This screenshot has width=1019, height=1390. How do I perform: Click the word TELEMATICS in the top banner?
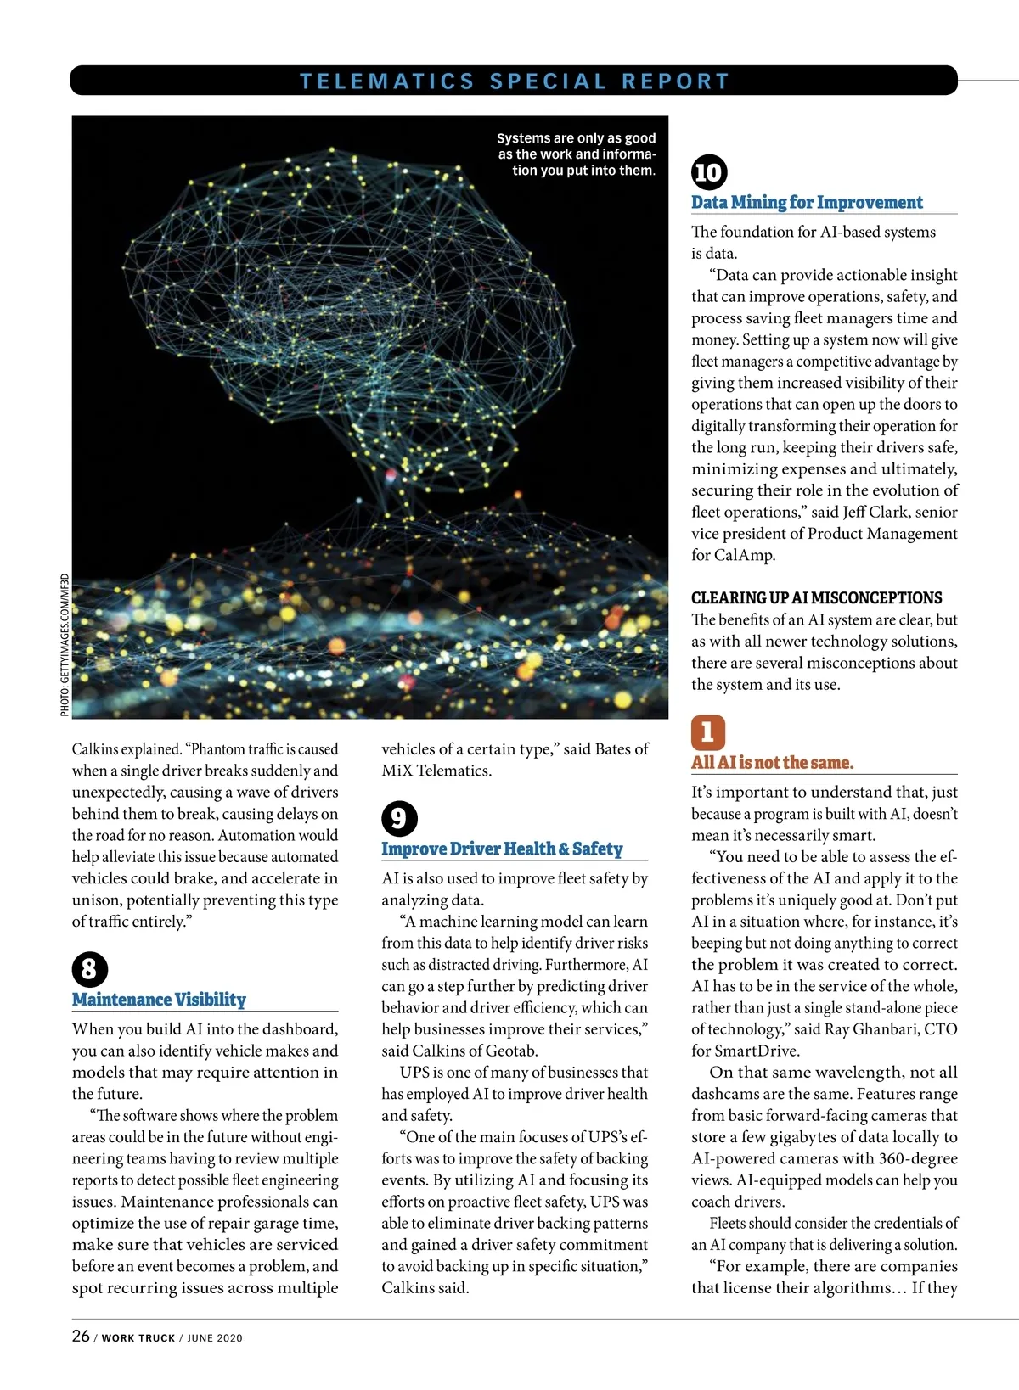[x=386, y=81]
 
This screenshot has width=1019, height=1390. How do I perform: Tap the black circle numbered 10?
[x=709, y=172]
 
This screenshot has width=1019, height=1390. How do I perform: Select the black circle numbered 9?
[x=399, y=819]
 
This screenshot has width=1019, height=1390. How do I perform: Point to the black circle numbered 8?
[x=90, y=970]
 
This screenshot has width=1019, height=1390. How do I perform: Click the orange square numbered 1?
[x=707, y=732]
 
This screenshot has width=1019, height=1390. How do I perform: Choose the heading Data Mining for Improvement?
[x=807, y=203]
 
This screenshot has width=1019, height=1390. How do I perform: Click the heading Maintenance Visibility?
[x=159, y=1000]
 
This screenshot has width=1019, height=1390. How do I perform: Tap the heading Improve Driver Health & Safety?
[x=502, y=849]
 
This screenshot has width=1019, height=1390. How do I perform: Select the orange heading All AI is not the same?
[x=772, y=763]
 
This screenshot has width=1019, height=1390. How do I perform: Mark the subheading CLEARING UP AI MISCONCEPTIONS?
[x=816, y=597]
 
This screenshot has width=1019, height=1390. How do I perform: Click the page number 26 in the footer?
[x=81, y=1336]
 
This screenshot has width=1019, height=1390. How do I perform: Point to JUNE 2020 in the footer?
[x=215, y=1338]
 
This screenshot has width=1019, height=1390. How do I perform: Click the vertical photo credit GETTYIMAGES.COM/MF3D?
[x=65, y=646]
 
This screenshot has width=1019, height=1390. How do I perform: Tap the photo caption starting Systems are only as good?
[x=577, y=154]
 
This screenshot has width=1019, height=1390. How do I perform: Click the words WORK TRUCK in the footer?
[x=138, y=1338]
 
